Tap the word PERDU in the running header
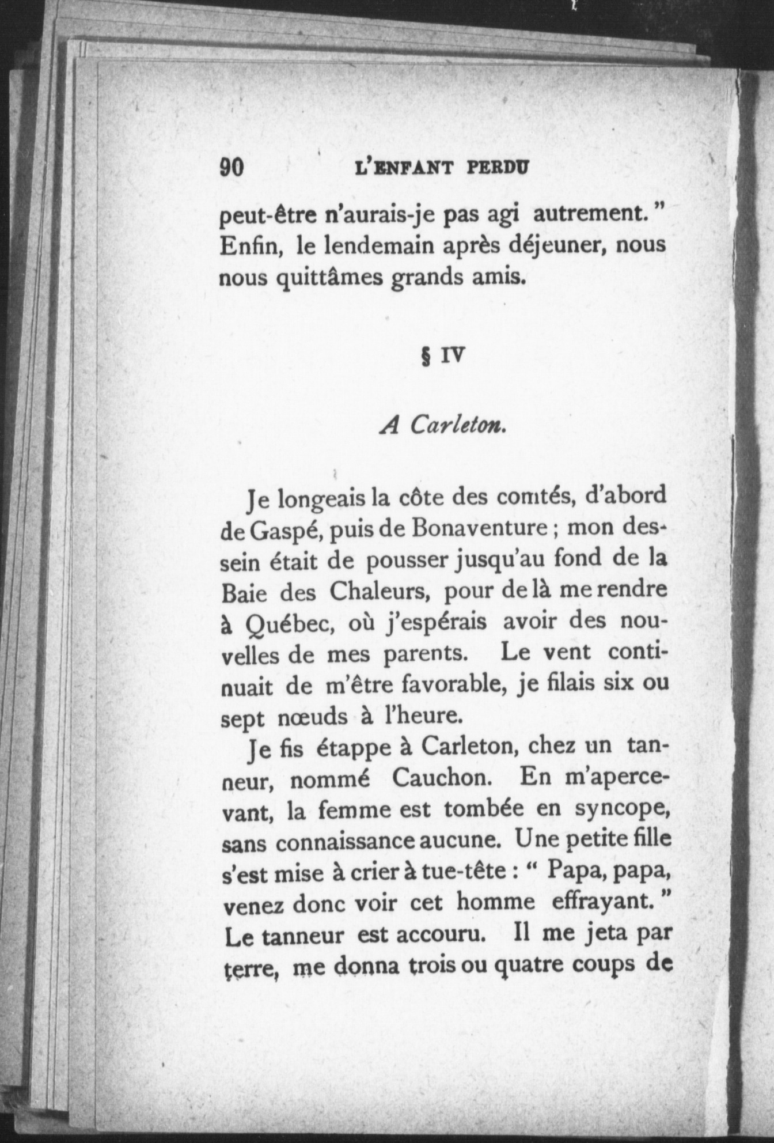(x=498, y=168)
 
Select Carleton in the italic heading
(x=458, y=426)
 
